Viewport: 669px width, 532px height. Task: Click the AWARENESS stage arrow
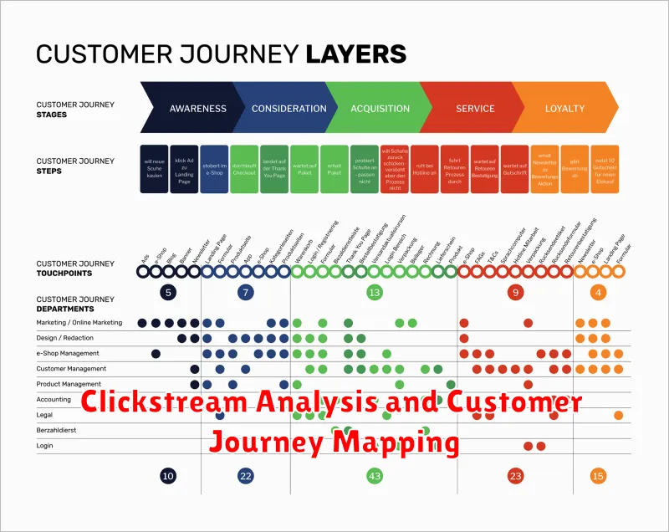[x=197, y=109]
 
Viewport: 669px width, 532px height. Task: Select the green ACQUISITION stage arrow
[x=379, y=109]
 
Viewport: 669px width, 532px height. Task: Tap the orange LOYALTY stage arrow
[x=565, y=109]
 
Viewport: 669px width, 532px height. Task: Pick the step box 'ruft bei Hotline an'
[x=424, y=170]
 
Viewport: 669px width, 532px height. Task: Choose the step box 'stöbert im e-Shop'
[x=214, y=170]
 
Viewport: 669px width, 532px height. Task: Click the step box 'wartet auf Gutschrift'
[x=515, y=170]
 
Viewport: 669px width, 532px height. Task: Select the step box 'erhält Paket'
[x=334, y=170]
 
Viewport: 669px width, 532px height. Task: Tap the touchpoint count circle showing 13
[x=374, y=293]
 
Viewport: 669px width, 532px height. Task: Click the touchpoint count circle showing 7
[x=245, y=293]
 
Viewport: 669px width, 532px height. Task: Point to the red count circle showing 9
[x=516, y=293]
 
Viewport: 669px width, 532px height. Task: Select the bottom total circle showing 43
[x=374, y=476]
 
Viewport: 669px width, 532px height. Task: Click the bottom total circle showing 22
[x=245, y=476]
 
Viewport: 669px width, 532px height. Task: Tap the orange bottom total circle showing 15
[x=597, y=476]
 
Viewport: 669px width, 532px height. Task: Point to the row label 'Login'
[x=44, y=446]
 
